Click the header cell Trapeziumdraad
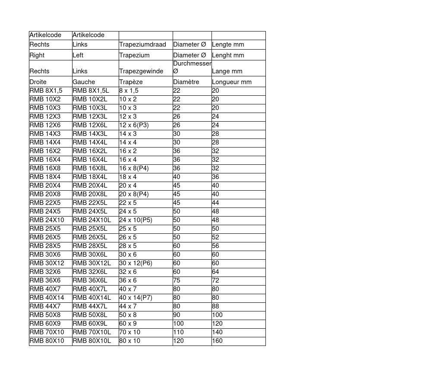(142, 44)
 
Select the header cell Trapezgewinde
(141, 71)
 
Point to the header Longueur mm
(231, 82)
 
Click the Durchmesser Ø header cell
(192, 67)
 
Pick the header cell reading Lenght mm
(228, 55)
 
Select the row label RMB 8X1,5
(46, 91)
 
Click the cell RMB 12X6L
(90, 125)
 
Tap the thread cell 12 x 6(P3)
(134, 125)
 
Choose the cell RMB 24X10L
(92, 220)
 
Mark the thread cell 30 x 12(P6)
(136, 263)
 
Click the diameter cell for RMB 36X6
(177, 280)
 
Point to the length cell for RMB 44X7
(215, 306)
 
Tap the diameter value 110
(178, 332)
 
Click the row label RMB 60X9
(45, 324)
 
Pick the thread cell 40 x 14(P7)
(136, 298)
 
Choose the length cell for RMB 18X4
(215, 177)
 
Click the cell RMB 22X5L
(90, 203)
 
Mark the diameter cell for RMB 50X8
(177, 315)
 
